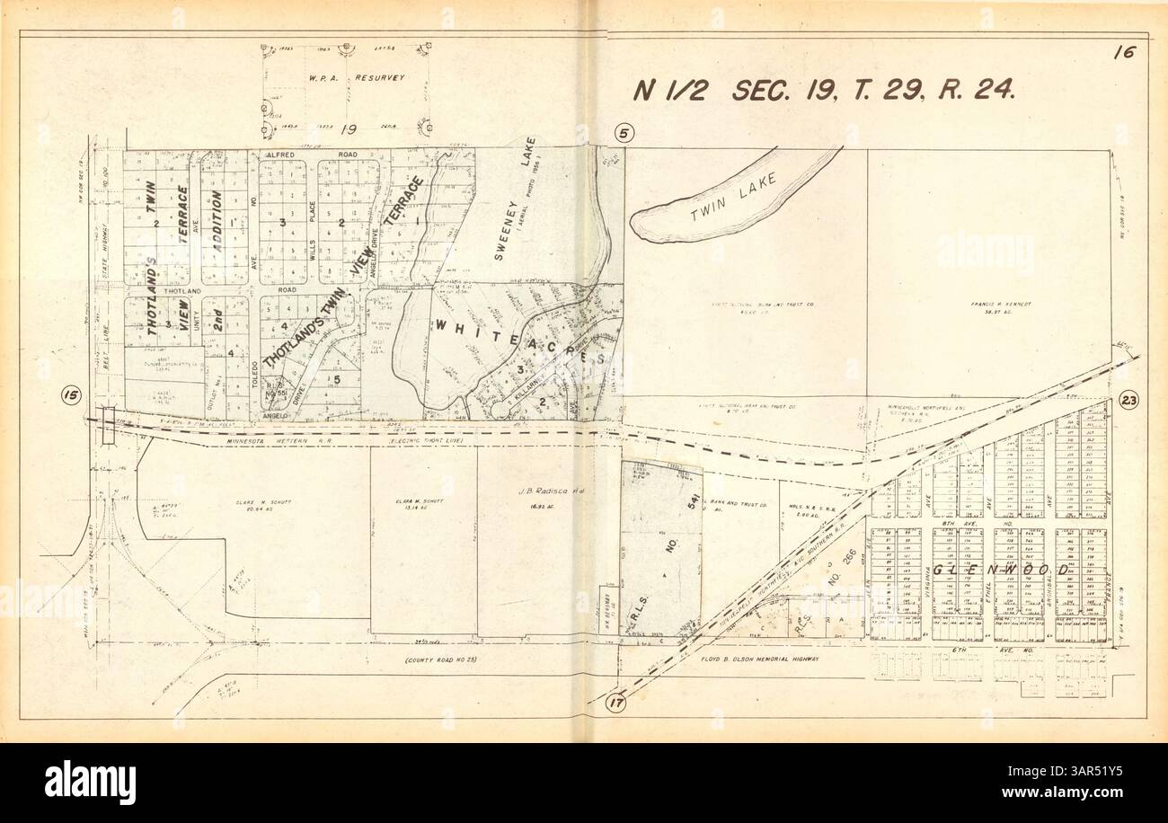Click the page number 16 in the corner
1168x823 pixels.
[x=1122, y=52]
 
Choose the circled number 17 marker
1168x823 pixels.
[x=615, y=704]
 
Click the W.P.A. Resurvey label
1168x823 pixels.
[x=345, y=78]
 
